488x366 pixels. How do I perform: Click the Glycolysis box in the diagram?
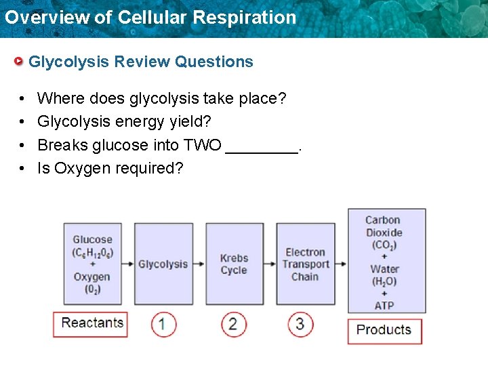coord(163,264)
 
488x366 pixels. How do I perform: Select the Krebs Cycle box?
coord(234,264)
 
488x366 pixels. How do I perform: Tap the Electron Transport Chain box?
coord(305,264)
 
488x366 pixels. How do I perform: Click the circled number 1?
coord(163,324)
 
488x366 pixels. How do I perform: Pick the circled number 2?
coord(233,324)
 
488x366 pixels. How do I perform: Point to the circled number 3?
coord(300,324)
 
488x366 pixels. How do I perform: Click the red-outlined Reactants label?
coord(91,323)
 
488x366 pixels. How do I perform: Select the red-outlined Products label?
coord(384,330)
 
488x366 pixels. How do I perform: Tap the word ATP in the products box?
coord(384,306)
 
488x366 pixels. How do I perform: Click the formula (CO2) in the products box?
coord(384,245)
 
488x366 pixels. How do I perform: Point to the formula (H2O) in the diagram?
coord(384,281)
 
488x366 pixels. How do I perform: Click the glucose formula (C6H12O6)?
coord(93,252)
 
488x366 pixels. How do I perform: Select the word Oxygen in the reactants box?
coord(92,277)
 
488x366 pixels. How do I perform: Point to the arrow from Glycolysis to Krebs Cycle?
coord(200,264)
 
